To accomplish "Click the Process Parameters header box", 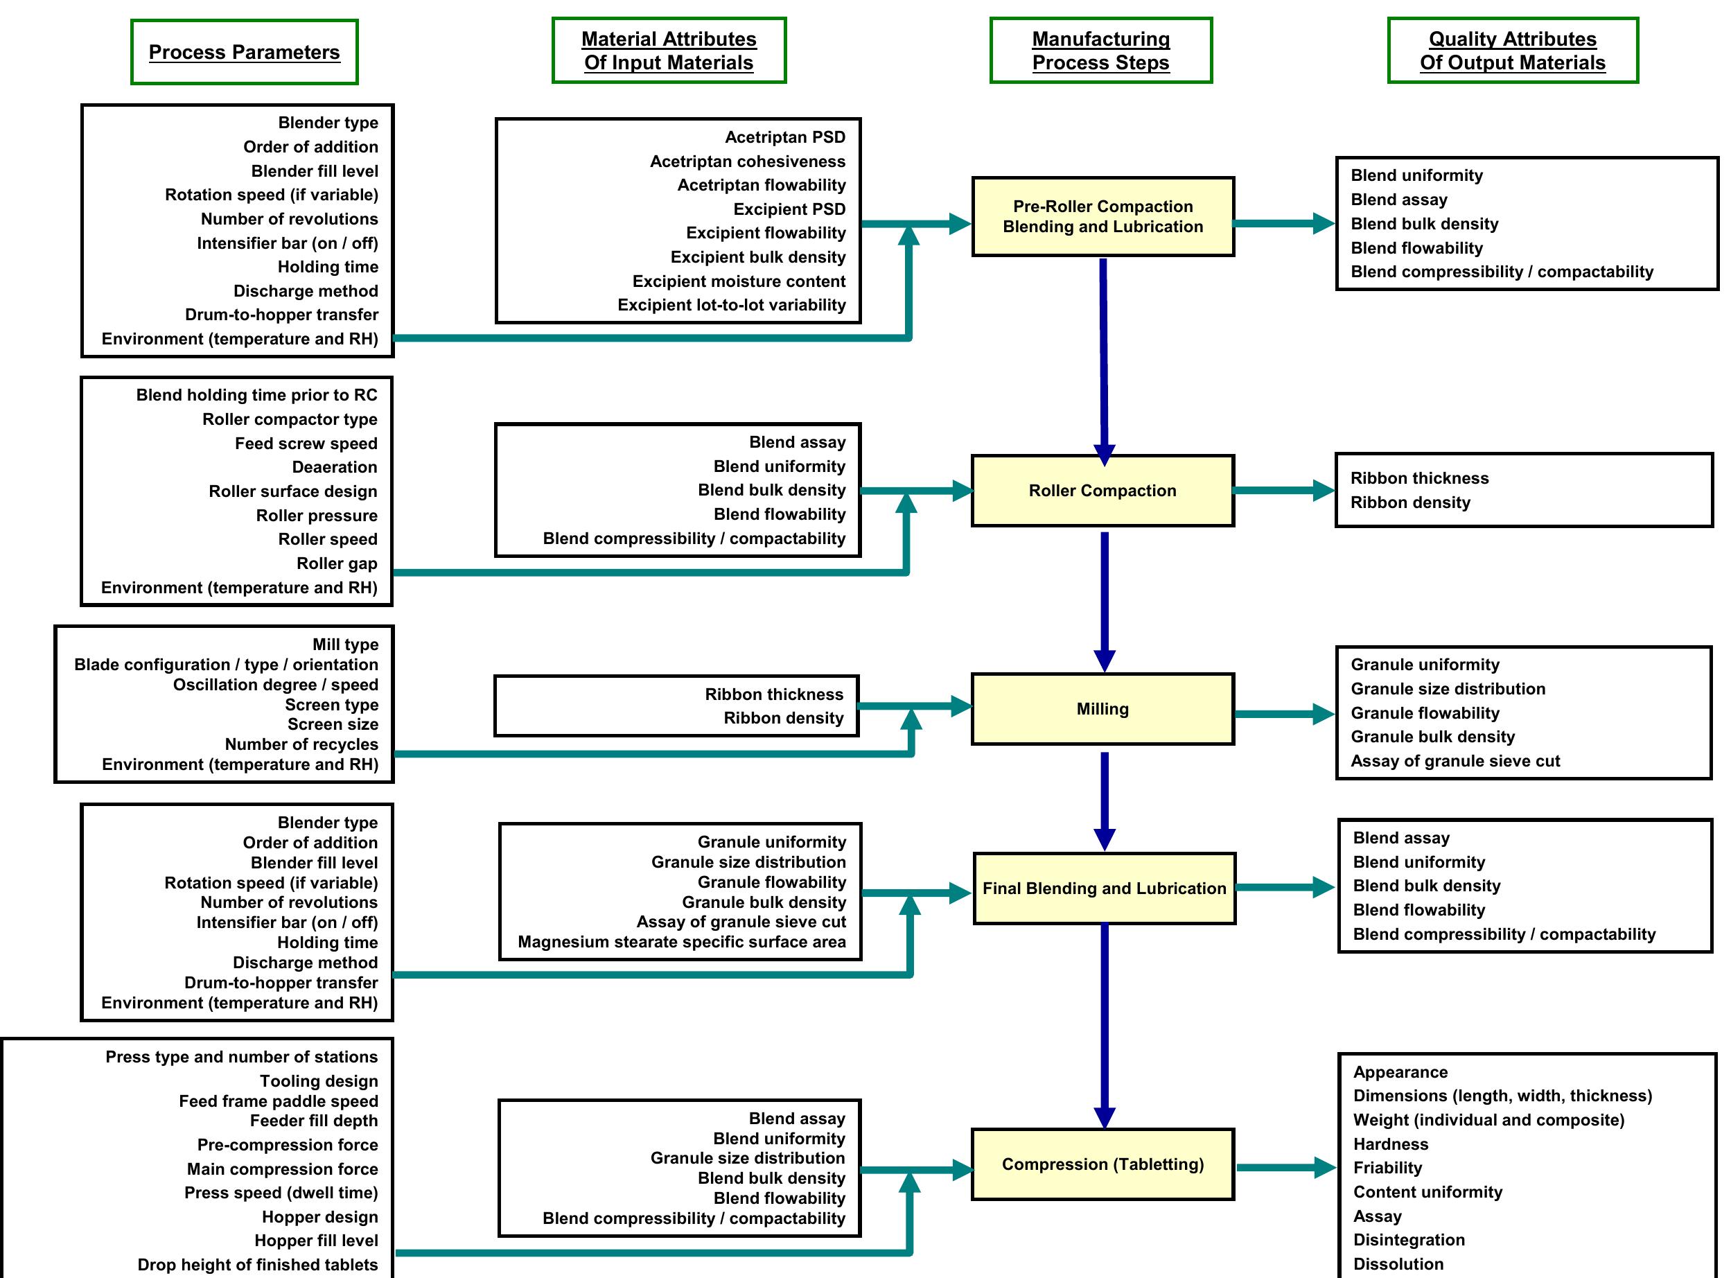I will point(244,52).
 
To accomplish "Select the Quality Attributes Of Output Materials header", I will point(1512,51).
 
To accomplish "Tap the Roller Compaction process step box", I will point(1102,491).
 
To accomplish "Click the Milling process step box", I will point(1102,708).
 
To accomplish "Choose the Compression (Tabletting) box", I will point(1102,1164).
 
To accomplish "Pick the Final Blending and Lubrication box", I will point(1104,888).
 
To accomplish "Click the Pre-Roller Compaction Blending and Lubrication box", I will point(1102,217).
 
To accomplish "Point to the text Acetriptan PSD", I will point(784,137).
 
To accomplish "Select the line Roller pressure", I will point(317,515).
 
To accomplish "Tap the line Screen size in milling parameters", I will point(333,724).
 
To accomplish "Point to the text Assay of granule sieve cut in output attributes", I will point(1455,760).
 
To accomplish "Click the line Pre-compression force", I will point(287,1144).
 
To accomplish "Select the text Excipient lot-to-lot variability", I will point(731,305).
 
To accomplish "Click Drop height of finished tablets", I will point(257,1264).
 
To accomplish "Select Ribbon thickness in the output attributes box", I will point(1418,478).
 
